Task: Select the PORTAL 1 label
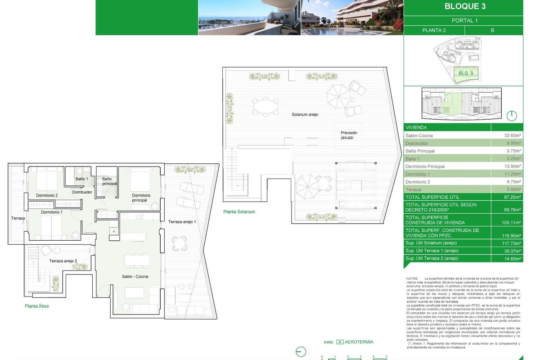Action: tap(464, 21)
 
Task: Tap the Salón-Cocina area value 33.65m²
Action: tap(512, 135)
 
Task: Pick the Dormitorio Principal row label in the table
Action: tap(425, 166)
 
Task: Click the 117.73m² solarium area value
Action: tap(512, 243)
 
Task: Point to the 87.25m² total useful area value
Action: tap(512, 197)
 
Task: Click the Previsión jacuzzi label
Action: tap(349, 135)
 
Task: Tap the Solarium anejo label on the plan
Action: tap(305, 115)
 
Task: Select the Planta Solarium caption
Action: tap(239, 211)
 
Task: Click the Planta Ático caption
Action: tap(37, 306)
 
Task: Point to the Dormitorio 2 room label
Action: tap(47, 195)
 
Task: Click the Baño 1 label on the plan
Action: tap(81, 179)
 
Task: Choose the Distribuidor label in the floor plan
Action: tap(82, 192)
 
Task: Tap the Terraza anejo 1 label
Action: tap(182, 222)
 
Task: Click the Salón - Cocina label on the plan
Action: tap(135, 276)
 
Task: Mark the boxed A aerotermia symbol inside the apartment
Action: tap(114, 231)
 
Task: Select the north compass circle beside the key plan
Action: tap(512, 116)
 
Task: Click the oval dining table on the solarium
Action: tap(266, 107)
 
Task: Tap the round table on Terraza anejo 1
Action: tap(179, 243)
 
